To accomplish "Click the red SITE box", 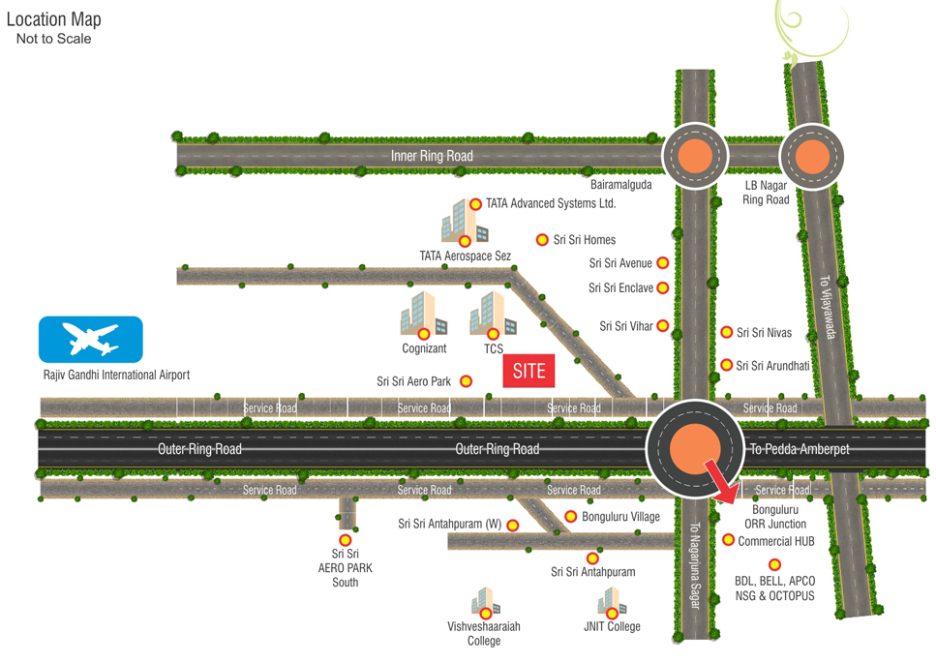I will pyautogui.click(x=529, y=371).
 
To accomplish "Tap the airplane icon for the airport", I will pyautogui.click(x=90, y=340).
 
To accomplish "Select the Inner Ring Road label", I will pyautogui.click(x=432, y=156).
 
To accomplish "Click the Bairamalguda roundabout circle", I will pyautogui.click(x=694, y=156).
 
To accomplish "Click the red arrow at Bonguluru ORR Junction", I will pyautogui.click(x=720, y=481).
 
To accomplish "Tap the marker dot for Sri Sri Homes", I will pyautogui.click(x=542, y=240).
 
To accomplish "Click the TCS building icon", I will pyautogui.click(x=492, y=313).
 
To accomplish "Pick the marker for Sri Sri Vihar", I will pyautogui.click(x=663, y=326).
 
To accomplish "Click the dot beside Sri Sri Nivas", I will pyautogui.click(x=726, y=333).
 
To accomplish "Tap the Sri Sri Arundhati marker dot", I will pyautogui.click(x=726, y=365).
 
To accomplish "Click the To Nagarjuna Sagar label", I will pyautogui.click(x=694, y=571).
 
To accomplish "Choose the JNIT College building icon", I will pyautogui.click(x=610, y=604).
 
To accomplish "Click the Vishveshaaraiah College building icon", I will pyautogui.click(x=485, y=603).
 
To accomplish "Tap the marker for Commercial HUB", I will pyautogui.click(x=728, y=540).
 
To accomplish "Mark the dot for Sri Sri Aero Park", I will pyautogui.click(x=466, y=381).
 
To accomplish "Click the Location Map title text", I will pyautogui.click(x=53, y=19).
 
